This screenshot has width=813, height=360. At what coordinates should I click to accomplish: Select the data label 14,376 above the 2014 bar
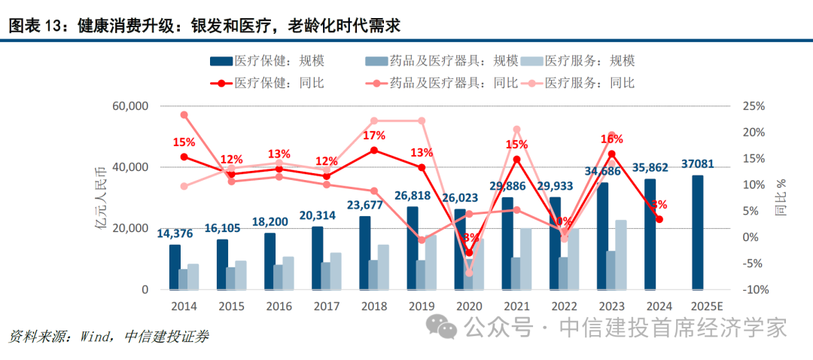point(175,233)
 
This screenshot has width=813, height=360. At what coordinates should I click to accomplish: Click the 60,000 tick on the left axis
point(127,106)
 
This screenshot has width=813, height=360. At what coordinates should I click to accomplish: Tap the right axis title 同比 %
point(781,197)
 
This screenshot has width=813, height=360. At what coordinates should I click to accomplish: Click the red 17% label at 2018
point(374,136)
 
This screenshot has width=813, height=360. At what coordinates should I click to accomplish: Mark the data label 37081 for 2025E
point(698,163)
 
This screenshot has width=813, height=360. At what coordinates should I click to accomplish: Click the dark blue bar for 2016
point(269,261)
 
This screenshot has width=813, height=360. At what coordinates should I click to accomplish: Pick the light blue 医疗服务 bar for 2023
point(621,255)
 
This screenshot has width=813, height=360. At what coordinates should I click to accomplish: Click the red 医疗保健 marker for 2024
point(659,219)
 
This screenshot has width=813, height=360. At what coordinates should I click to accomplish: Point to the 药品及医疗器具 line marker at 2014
point(184,115)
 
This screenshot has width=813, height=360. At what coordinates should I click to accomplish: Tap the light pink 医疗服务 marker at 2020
point(469,273)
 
